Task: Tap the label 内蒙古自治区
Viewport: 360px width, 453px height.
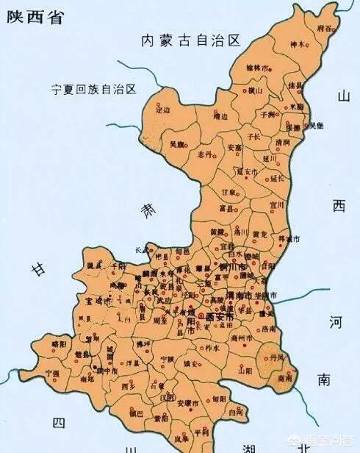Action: point(191,41)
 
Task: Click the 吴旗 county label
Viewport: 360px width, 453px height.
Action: point(177,145)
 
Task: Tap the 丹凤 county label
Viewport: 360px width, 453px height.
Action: point(276,357)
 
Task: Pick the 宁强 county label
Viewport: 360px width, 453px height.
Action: point(52,374)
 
